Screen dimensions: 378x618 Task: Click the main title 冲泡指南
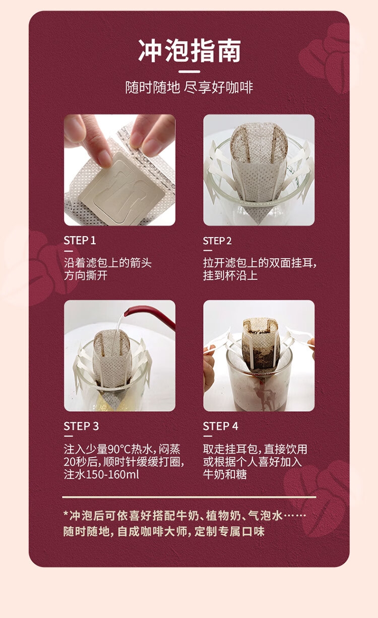tap(189, 51)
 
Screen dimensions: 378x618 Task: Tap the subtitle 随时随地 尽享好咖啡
tap(189, 87)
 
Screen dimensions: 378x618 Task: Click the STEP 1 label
tap(80, 240)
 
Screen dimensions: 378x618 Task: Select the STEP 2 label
tap(217, 241)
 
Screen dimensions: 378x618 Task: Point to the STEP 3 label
tap(81, 426)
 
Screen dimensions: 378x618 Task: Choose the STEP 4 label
tap(221, 426)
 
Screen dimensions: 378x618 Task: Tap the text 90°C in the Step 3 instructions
tap(119, 450)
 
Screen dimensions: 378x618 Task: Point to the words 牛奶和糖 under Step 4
tap(225, 475)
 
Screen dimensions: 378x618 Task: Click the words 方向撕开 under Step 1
tap(86, 275)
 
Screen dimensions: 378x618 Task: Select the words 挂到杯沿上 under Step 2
tap(230, 275)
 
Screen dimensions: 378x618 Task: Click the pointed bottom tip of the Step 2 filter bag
tap(259, 223)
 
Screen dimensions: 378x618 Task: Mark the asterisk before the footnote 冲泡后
tap(66, 514)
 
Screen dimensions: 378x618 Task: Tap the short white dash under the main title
tap(189, 72)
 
